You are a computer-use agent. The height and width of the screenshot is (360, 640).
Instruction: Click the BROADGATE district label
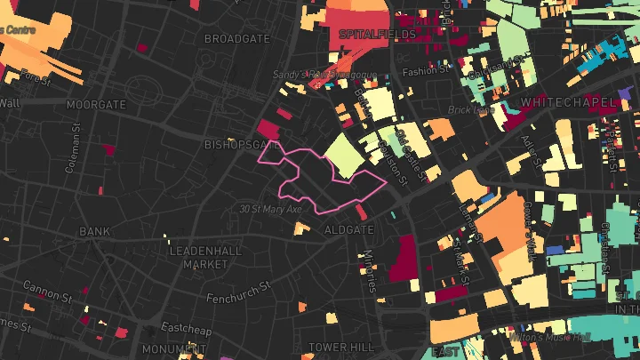point(237,39)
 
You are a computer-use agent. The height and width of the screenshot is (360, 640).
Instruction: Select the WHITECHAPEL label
point(568,103)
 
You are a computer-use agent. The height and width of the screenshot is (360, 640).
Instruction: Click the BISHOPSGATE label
point(242,143)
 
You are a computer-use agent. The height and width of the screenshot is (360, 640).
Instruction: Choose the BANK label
point(94,231)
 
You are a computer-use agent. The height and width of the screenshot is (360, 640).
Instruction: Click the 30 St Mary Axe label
point(270,210)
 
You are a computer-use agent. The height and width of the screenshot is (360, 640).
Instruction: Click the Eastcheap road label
point(184,326)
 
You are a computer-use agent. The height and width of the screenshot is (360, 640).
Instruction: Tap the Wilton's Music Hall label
point(549,337)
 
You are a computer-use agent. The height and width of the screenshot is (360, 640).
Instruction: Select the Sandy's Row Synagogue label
point(325,76)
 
